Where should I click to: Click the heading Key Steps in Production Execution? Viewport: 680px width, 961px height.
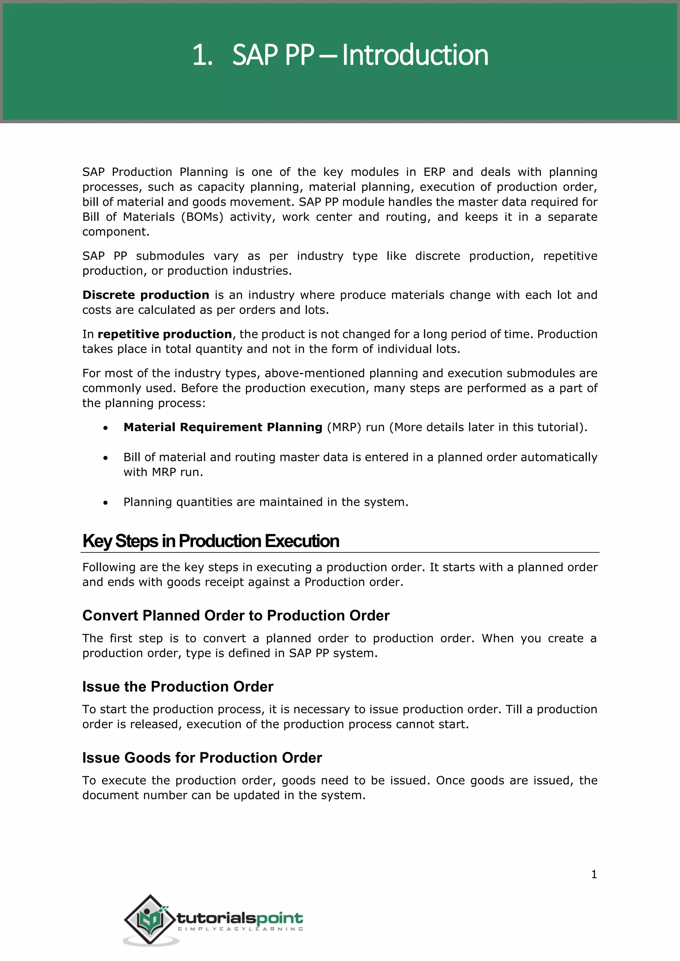click(x=211, y=541)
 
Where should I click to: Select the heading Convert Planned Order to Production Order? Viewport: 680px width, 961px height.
click(x=236, y=616)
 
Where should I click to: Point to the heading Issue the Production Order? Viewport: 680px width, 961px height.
click(x=178, y=687)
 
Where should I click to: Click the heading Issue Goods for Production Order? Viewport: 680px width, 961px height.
click(x=202, y=758)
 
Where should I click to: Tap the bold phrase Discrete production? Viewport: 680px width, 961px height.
click(x=146, y=295)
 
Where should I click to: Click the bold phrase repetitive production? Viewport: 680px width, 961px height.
click(x=165, y=334)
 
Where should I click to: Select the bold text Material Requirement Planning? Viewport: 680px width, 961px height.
click(x=223, y=427)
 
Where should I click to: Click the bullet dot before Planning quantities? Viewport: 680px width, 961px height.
click(x=106, y=503)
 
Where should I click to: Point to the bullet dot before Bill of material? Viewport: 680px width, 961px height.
click(x=106, y=458)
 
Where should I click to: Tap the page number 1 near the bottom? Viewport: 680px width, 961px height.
click(x=594, y=874)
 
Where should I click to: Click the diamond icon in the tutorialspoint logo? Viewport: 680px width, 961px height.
click(x=150, y=920)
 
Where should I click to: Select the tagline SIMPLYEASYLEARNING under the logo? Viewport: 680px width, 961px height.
click(x=240, y=929)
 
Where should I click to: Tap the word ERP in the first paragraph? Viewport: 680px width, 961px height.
click(x=434, y=172)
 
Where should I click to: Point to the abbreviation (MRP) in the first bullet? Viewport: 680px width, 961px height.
click(x=344, y=427)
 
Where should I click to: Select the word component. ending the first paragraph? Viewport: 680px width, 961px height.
click(x=116, y=232)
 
